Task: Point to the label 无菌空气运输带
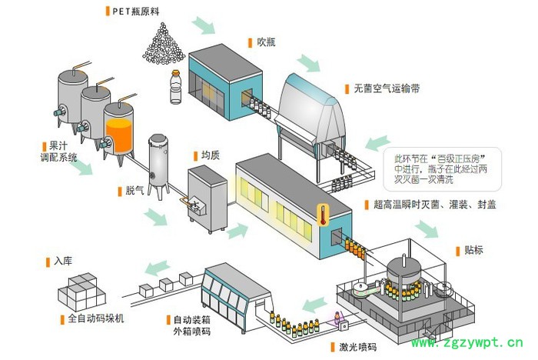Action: pos(387,88)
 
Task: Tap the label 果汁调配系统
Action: pos(62,151)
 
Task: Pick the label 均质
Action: pos(210,155)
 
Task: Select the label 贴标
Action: pos(473,250)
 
